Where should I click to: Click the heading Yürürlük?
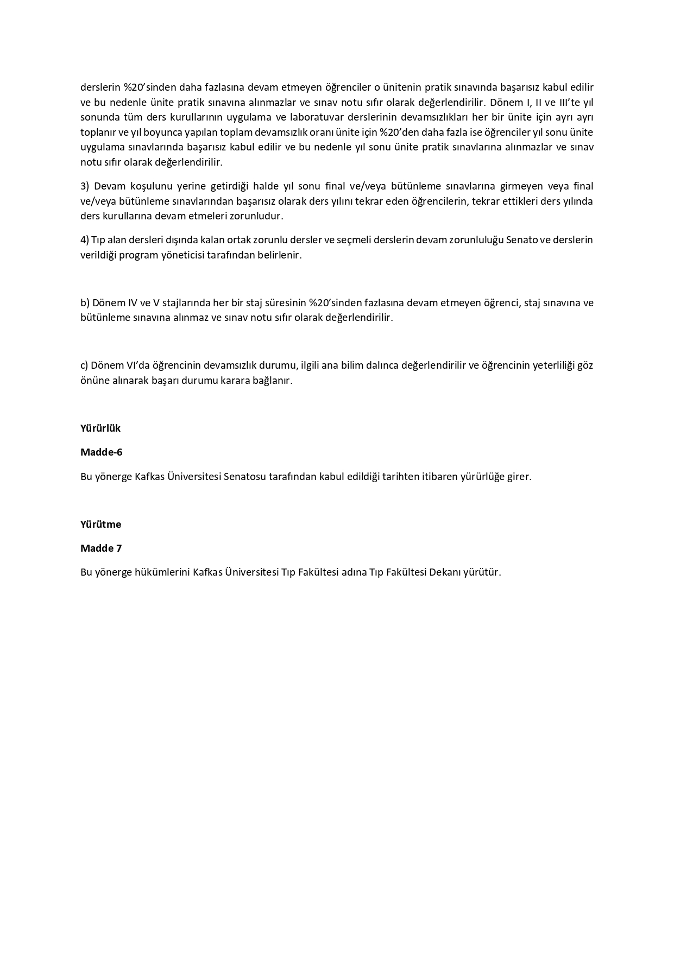pos(100,428)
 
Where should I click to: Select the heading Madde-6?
pos(102,452)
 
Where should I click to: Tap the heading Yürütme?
pos(101,525)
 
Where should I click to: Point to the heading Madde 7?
pos(101,548)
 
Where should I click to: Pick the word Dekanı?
pos(445,572)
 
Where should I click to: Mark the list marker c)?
pos(85,365)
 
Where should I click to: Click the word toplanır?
pos(98,132)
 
